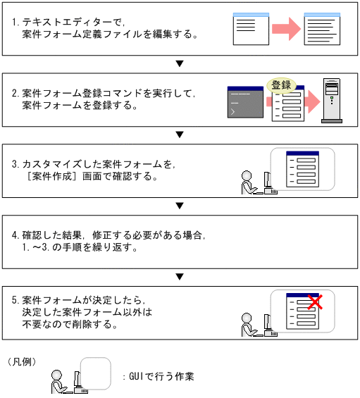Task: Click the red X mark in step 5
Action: pyautogui.click(x=316, y=303)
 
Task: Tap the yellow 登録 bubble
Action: pyautogui.click(x=281, y=85)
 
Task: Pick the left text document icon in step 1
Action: pyautogui.click(x=251, y=28)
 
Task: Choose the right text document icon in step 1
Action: pyautogui.click(x=322, y=29)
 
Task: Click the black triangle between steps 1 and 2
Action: pyautogui.click(x=180, y=63)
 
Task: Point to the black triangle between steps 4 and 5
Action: pyautogui.click(x=180, y=276)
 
